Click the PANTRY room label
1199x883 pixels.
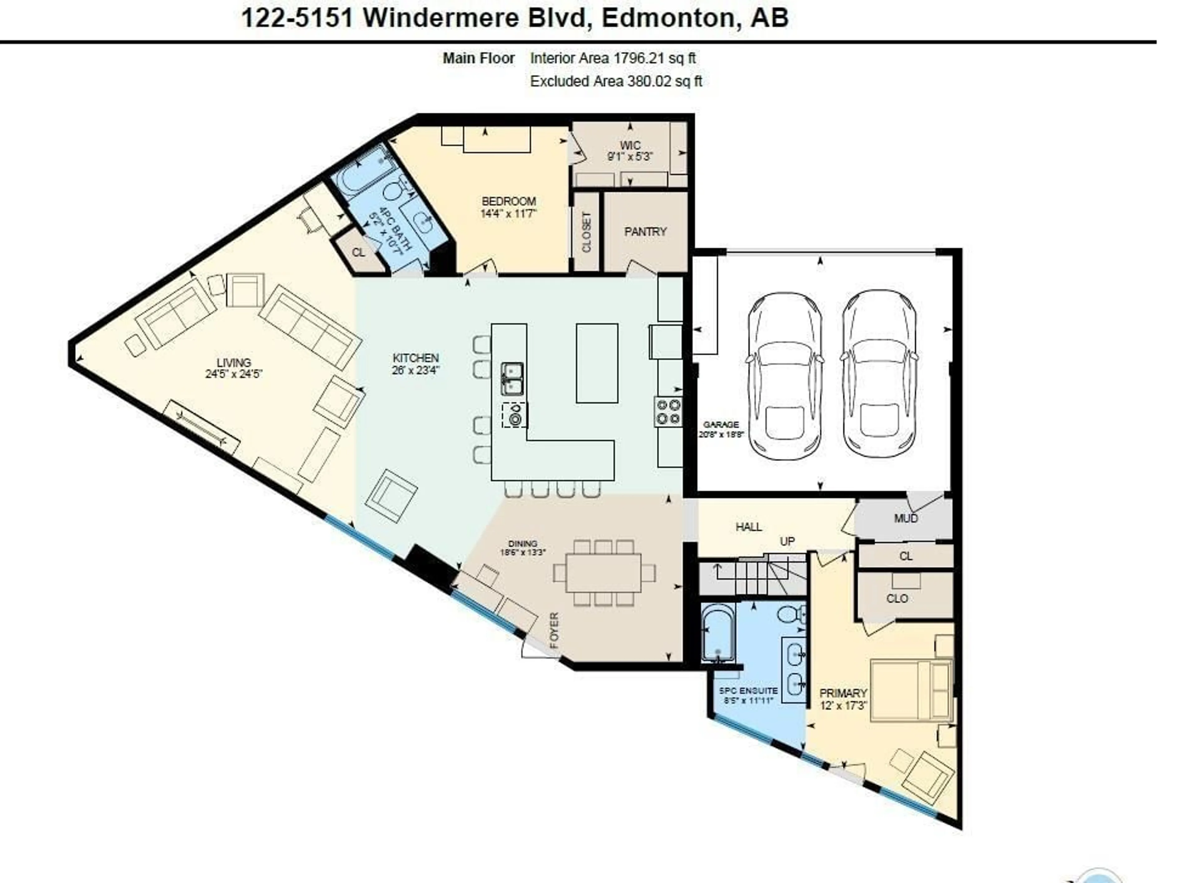[x=645, y=231]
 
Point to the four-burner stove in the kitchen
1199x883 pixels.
[x=668, y=412]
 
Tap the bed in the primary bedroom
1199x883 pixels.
[x=911, y=691]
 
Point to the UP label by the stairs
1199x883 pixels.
[x=787, y=541]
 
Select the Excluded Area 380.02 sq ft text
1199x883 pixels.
[x=615, y=81]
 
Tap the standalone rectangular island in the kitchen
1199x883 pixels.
[x=597, y=363]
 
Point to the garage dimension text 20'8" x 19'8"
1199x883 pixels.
[x=721, y=434]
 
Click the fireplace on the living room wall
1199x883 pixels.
[x=201, y=426]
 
